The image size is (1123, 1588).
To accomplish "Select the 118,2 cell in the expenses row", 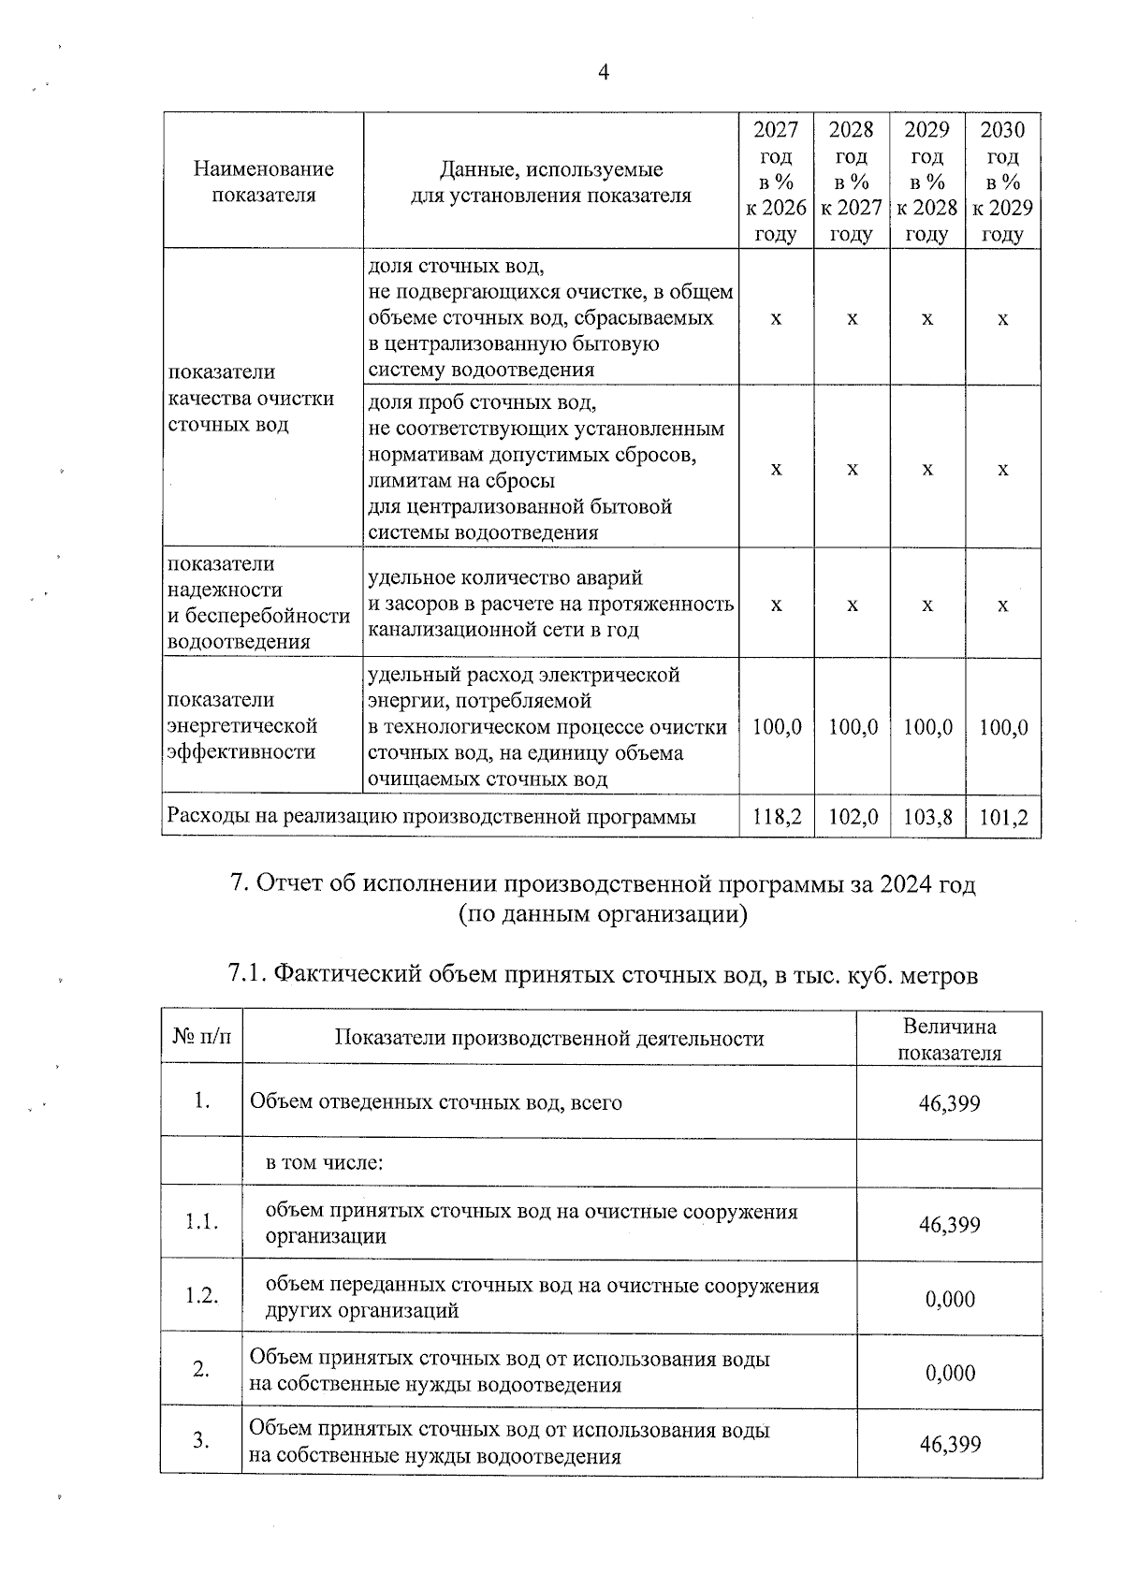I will (777, 817).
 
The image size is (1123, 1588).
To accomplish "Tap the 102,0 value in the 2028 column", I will (853, 817).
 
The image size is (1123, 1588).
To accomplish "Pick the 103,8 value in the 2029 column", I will (927, 817).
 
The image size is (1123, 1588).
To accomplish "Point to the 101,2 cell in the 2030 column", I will (1003, 817).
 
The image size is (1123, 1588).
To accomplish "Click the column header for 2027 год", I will (777, 181).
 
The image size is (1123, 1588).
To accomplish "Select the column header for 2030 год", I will (1003, 181).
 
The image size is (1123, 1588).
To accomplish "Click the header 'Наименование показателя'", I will (263, 182).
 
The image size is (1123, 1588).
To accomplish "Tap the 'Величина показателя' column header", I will (949, 1039).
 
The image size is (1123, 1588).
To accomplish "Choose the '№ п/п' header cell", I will (201, 1037).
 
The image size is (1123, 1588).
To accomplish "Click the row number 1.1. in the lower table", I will (201, 1222).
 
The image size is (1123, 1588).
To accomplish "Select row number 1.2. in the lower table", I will (201, 1296).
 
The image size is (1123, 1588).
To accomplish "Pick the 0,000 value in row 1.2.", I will (950, 1299).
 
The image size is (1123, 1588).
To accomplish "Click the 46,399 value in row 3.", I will (950, 1444).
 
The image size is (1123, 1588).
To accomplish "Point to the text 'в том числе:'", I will (325, 1162).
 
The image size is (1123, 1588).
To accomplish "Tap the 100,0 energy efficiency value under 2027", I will (777, 726).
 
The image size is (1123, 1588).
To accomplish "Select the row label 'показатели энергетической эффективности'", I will (243, 726).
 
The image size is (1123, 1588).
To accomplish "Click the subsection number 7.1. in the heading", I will (249, 975).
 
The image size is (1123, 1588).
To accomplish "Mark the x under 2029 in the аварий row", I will (927, 605).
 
